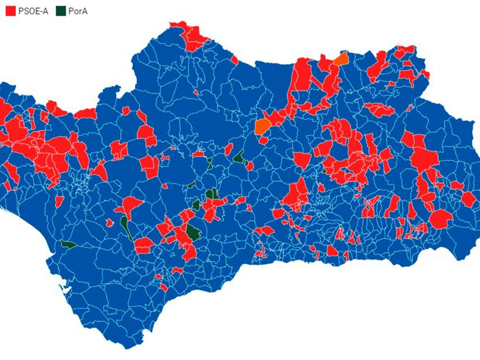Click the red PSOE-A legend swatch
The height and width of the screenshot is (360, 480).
click(x=11, y=10)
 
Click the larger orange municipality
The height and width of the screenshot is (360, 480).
click(x=262, y=125)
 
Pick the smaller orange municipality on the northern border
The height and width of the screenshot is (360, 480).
click(x=341, y=58)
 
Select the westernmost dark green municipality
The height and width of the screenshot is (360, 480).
click(x=68, y=244)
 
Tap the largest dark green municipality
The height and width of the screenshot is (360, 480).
click(x=193, y=232)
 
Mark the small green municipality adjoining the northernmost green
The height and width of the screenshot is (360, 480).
click(x=247, y=164)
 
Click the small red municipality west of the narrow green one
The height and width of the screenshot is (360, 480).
click(x=110, y=223)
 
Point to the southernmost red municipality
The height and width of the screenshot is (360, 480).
click(x=163, y=287)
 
